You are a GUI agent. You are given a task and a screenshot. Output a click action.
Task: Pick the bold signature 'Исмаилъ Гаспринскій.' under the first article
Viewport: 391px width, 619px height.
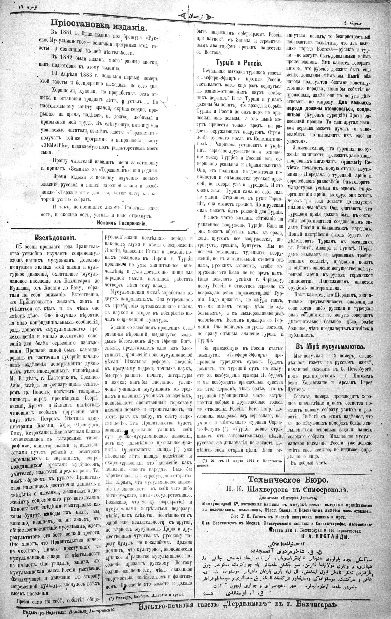[x=122, y=223]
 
